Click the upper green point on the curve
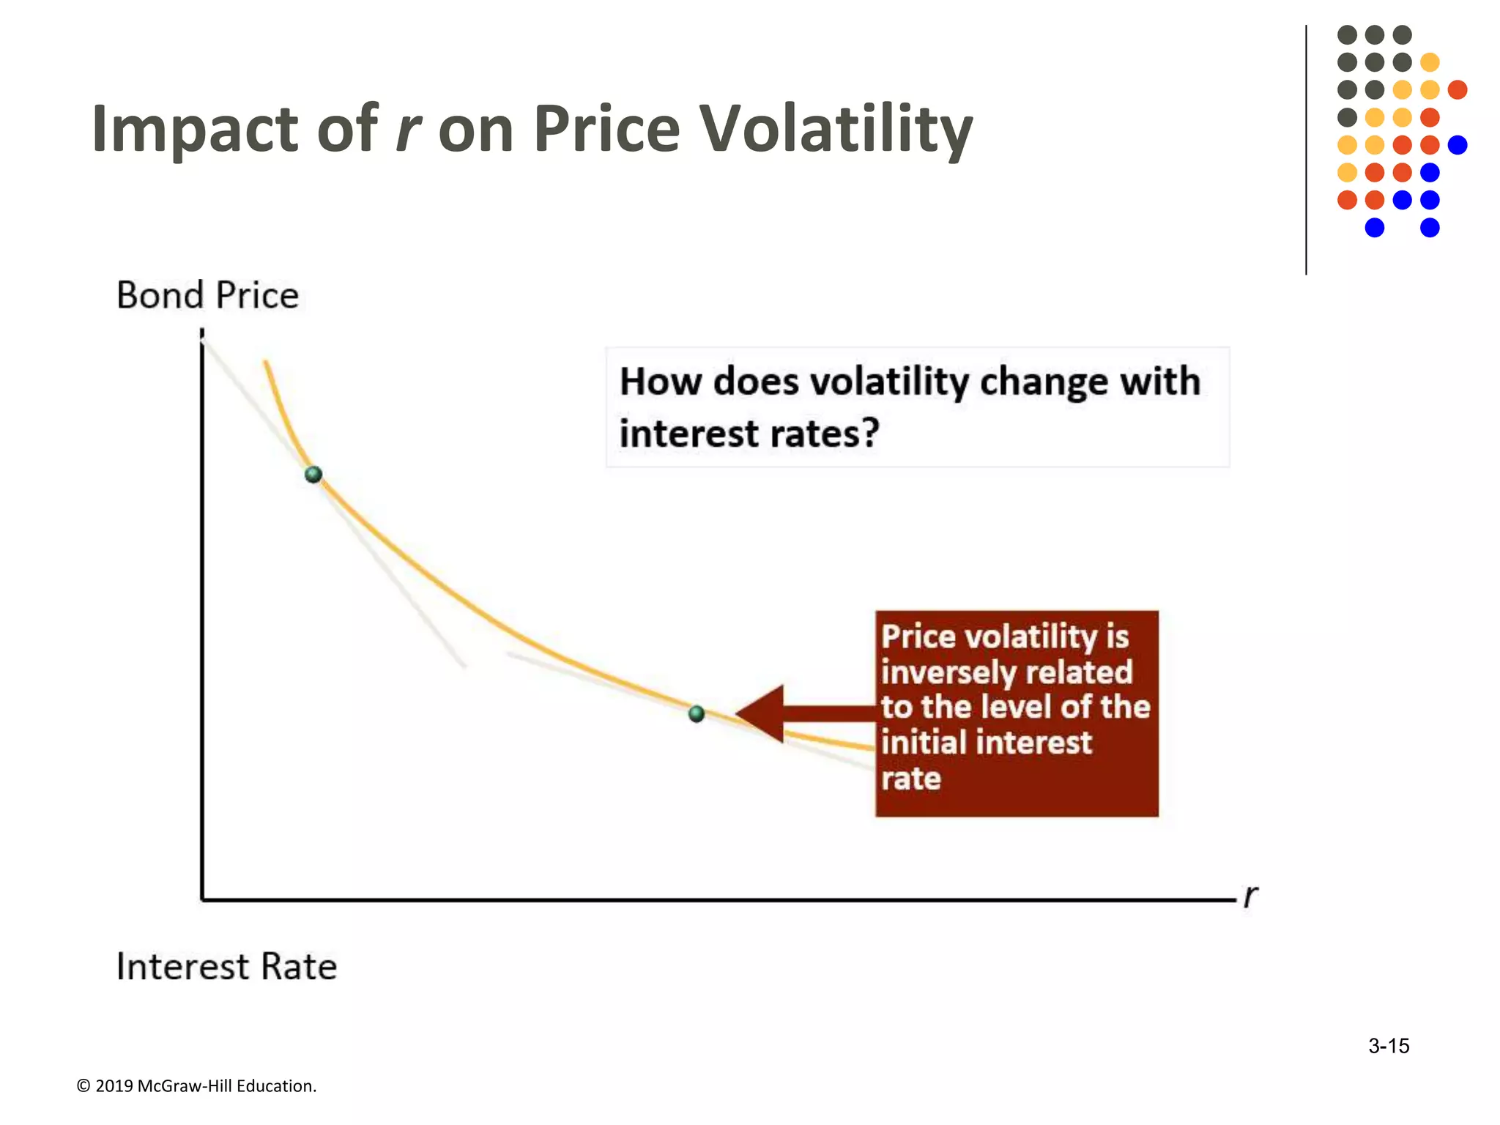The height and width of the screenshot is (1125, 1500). pyautogui.click(x=313, y=475)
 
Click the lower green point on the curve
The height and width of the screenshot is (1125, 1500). pyautogui.click(x=697, y=713)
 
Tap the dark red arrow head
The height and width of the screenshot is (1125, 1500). pyautogui.click(x=762, y=714)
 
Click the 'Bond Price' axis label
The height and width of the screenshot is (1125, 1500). pyautogui.click(x=207, y=295)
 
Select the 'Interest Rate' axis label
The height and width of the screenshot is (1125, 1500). pyautogui.click(x=226, y=966)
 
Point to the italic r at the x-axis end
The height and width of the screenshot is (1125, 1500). pyautogui.click(x=1250, y=895)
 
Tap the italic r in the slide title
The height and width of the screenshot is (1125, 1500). pyautogui.click(x=408, y=130)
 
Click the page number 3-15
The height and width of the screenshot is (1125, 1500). pyautogui.click(x=1389, y=1046)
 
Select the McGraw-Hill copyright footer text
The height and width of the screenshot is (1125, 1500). pyautogui.click(x=196, y=1086)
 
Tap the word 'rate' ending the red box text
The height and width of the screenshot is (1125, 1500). pyautogui.click(x=910, y=779)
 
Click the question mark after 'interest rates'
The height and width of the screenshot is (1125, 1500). pyautogui.click(x=869, y=433)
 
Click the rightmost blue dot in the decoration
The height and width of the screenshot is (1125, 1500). pyautogui.click(x=1458, y=145)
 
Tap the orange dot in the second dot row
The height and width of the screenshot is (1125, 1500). pyautogui.click(x=1430, y=62)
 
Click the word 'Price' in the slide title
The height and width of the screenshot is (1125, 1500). pyautogui.click(x=606, y=130)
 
